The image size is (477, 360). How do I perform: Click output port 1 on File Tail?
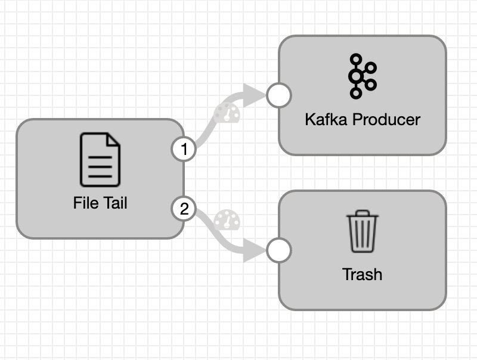184,150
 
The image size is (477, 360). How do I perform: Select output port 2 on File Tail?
184,209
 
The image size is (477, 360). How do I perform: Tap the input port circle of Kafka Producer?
278,95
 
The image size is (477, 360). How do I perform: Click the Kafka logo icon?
363,76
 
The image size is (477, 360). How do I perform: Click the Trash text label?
362,275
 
